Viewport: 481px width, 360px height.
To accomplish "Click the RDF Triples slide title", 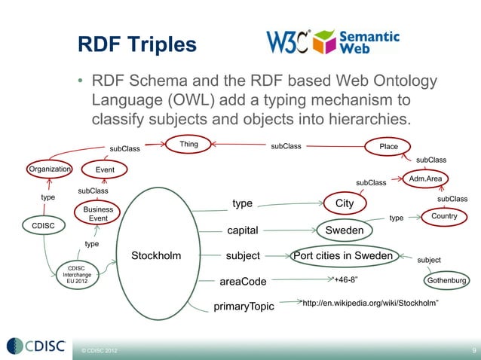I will [137, 46].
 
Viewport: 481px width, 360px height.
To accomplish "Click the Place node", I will [388, 146].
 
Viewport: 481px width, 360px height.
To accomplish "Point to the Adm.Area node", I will [426, 178].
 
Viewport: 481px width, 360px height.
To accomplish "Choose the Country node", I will [445, 217].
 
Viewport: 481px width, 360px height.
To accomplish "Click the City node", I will [344, 204].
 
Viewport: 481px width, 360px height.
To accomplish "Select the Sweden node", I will [344, 230].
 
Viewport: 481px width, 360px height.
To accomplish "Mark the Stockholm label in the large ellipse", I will [156, 255].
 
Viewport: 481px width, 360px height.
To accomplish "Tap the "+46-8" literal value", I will [345, 280].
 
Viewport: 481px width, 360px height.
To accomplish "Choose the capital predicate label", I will [243, 230].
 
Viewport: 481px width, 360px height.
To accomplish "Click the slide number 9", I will [473, 350].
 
